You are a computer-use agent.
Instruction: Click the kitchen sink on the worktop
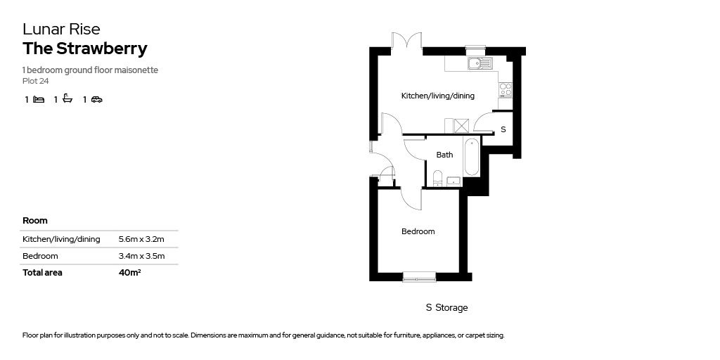(480, 63)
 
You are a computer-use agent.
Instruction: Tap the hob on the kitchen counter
(505, 89)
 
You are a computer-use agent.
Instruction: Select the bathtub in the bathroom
(471, 157)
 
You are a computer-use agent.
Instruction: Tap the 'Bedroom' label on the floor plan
(418, 231)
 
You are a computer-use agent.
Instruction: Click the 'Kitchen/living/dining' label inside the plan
(437, 96)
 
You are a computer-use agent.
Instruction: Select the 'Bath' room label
(444, 155)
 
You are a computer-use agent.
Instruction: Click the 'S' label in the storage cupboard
(503, 130)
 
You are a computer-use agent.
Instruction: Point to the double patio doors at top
(406, 42)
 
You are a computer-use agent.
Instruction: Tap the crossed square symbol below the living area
(461, 126)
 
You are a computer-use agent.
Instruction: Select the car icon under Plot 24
(96, 100)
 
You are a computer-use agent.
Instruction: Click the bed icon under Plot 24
(39, 100)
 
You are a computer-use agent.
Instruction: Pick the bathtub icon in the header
(67, 99)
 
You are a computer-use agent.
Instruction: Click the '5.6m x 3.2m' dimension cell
(141, 239)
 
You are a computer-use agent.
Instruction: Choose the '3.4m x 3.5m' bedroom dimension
(141, 256)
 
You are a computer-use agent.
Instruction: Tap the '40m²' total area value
(130, 273)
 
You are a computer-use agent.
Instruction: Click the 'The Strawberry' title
(85, 49)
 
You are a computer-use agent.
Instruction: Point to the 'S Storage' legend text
(446, 308)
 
